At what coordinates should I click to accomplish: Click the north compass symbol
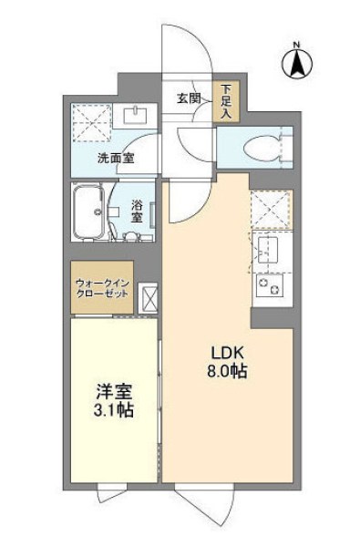pyautogui.click(x=296, y=62)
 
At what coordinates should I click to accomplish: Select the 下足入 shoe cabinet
pyautogui.click(x=225, y=102)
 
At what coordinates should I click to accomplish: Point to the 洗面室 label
pyautogui.click(x=116, y=158)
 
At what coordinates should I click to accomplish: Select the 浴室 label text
pyautogui.click(x=138, y=212)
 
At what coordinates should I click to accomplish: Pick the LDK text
pyautogui.click(x=229, y=353)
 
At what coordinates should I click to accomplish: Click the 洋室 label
pyautogui.click(x=114, y=392)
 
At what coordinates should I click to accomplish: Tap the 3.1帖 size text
pyautogui.click(x=114, y=411)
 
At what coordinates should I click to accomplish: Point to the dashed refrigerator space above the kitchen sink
pyautogui.click(x=271, y=209)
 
